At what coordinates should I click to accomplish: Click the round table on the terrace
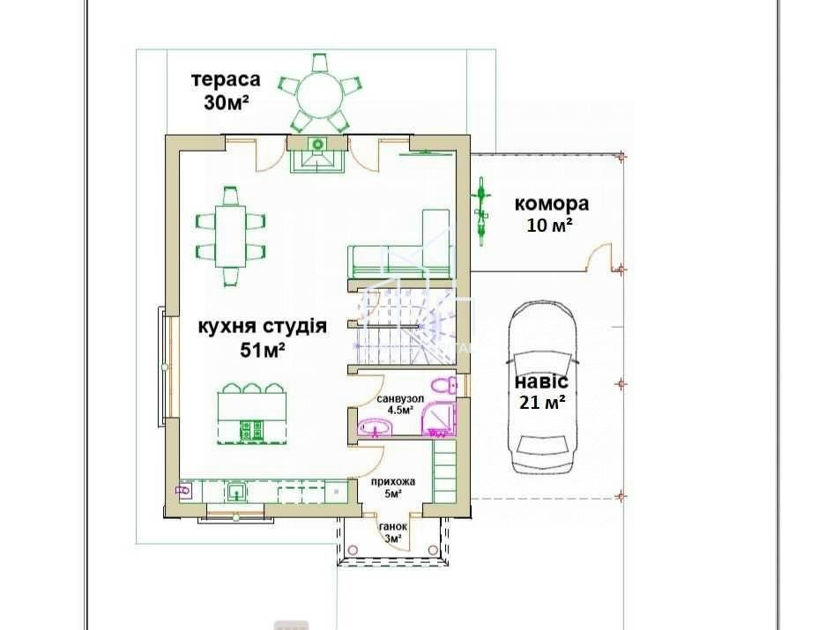tap(318, 92)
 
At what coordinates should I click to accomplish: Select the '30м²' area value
tap(226, 101)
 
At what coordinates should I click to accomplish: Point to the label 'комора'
tap(552, 204)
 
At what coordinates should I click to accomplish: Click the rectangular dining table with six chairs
tap(231, 235)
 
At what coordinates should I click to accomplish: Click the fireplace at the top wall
tap(318, 156)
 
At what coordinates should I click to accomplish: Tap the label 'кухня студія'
tap(262, 327)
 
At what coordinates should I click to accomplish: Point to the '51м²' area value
tap(262, 350)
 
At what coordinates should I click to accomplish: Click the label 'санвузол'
tap(400, 398)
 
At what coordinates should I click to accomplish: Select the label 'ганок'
tap(392, 527)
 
